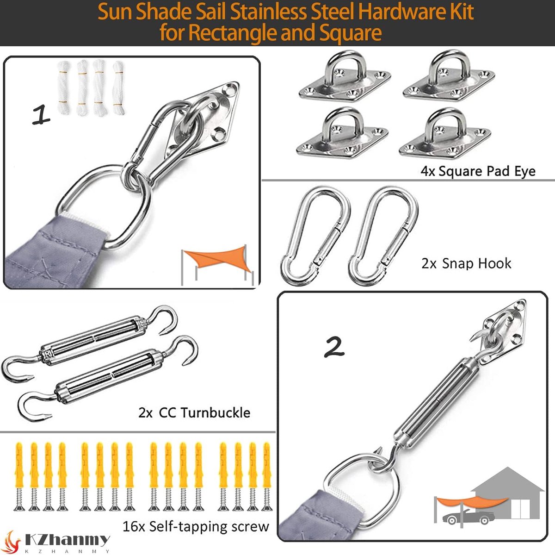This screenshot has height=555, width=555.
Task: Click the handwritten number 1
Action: click(x=41, y=115)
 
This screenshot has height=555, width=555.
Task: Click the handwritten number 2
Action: click(x=334, y=348)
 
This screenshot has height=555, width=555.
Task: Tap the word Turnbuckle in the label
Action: click(x=216, y=412)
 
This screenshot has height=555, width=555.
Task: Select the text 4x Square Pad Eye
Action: click(x=478, y=171)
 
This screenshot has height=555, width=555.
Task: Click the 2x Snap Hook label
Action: click(x=466, y=263)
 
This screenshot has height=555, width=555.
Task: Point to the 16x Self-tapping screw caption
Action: click(x=196, y=526)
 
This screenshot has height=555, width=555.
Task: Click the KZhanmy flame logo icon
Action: click(x=12, y=542)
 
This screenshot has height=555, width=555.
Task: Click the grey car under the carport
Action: click(x=469, y=517)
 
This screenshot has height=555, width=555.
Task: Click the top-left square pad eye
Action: click(x=345, y=77)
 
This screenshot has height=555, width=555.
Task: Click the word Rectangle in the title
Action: click(x=233, y=32)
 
